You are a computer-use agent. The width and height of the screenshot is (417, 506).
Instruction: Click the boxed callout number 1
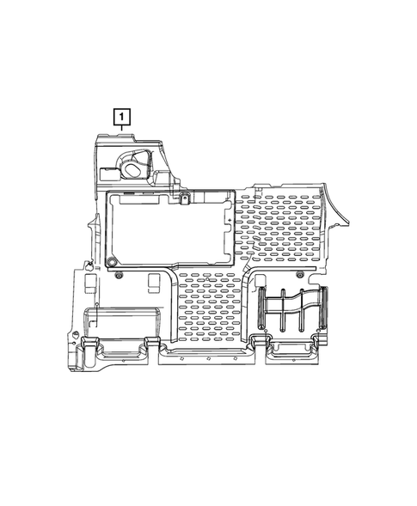[x=124, y=115]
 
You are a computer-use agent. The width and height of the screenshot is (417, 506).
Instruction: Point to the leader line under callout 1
[x=124, y=128]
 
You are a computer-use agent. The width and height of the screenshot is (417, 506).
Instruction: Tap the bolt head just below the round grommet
[x=120, y=275]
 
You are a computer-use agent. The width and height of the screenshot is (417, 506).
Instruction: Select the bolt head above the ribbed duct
[x=299, y=274]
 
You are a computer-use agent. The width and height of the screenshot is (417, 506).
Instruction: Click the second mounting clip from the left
[x=155, y=346]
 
